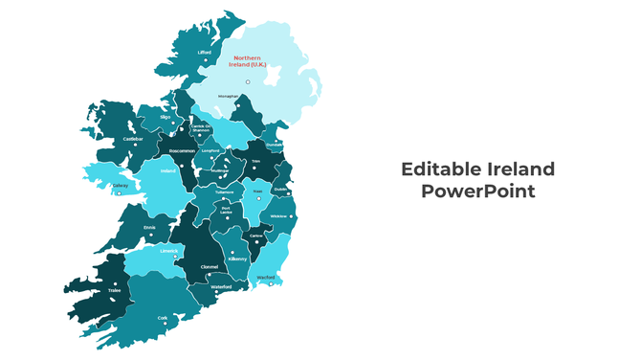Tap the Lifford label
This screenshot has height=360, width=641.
[x=204, y=52]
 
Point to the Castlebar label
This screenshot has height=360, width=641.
[x=133, y=139]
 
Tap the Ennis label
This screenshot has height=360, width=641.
[x=149, y=226]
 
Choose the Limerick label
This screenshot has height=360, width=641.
[x=169, y=251]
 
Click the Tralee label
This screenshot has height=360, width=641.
[x=114, y=289]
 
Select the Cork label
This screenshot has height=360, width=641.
[x=163, y=318]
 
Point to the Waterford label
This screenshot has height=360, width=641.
[x=221, y=286]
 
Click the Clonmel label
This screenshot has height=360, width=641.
[x=210, y=266]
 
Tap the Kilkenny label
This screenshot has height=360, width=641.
[x=237, y=259]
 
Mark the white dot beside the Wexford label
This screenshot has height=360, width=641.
[x=271, y=283]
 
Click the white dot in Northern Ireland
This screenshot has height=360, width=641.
[x=247, y=81]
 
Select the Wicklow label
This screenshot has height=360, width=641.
[x=278, y=215]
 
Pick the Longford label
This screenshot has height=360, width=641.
[x=210, y=150]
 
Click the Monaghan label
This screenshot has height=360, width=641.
[x=228, y=97]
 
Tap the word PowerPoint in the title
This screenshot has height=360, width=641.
[x=477, y=191]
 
